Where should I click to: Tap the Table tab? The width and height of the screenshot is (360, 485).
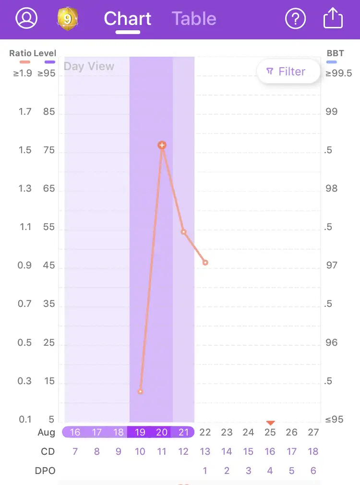(194, 19)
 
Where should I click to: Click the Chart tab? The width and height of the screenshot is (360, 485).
(128, 19)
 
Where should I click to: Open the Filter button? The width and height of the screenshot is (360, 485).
(288, 72)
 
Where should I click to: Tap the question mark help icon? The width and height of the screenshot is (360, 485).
(296, 19)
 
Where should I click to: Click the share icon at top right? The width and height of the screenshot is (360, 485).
(333, 19)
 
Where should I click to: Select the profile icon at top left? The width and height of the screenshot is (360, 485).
(26, 18)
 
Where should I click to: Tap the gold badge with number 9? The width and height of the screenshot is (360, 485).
(67, 19)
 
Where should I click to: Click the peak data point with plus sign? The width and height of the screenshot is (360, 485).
(162, 145)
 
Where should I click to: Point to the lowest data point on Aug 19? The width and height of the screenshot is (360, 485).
(141, 391)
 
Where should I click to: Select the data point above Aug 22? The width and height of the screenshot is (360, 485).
(205, 263)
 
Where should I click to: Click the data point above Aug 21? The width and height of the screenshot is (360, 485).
(184, 232)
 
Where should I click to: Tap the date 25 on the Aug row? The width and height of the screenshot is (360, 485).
(270, 432)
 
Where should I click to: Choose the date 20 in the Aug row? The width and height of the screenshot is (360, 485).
(162, 432)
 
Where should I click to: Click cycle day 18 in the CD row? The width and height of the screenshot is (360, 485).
(313, 451)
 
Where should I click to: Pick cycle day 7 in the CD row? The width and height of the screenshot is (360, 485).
(75, 451)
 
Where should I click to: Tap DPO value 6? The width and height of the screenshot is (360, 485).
(313, 471)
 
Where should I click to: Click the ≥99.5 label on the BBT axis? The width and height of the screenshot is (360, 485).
(338, 73)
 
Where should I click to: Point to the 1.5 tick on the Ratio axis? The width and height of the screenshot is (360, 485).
(25, 150)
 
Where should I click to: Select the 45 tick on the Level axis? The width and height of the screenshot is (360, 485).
(49, 266)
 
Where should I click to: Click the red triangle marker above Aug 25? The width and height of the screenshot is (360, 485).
(271, 423)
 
